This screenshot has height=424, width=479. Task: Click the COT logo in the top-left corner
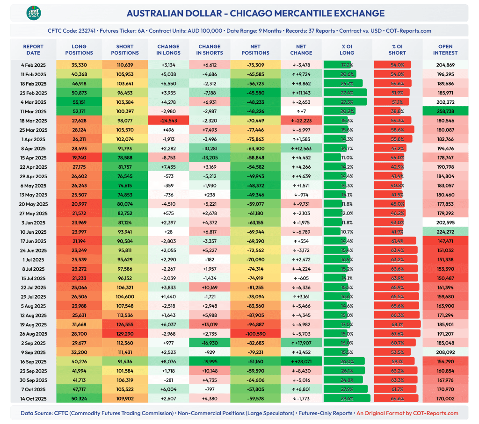click(33, 13)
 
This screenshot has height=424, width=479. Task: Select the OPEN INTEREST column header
click(445, 50)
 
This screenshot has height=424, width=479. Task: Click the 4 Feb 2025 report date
click(33, 65)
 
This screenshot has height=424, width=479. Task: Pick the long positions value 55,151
click(76, 102)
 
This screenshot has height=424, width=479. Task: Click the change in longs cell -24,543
click(168, 121)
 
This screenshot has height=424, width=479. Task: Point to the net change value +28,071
click(301, 361)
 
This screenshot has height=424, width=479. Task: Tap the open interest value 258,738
click(445, 111)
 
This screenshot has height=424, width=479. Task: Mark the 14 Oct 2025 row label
click(33, 398)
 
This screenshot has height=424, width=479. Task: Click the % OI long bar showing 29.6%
click(347, 398)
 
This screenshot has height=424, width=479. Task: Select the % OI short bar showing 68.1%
click(397, 324)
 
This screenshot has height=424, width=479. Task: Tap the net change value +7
click(301, 111)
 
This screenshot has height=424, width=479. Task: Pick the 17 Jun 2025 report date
click(33, 241)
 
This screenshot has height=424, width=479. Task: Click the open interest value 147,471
click(445, 241)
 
